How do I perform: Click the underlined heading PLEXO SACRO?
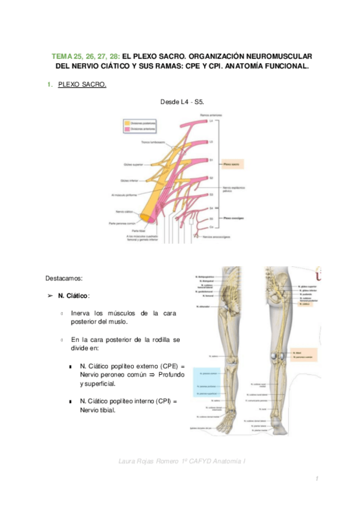[x=82, y=85]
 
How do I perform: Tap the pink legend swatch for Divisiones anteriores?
[x=127, y=128]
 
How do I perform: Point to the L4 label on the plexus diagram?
[x=211, y=121]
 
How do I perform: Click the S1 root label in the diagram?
[x=211, y=160]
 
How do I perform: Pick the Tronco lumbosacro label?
[x=153, y=142]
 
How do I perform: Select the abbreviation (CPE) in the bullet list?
[x=168, y=365]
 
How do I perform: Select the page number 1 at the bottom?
[x=318, y=479]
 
